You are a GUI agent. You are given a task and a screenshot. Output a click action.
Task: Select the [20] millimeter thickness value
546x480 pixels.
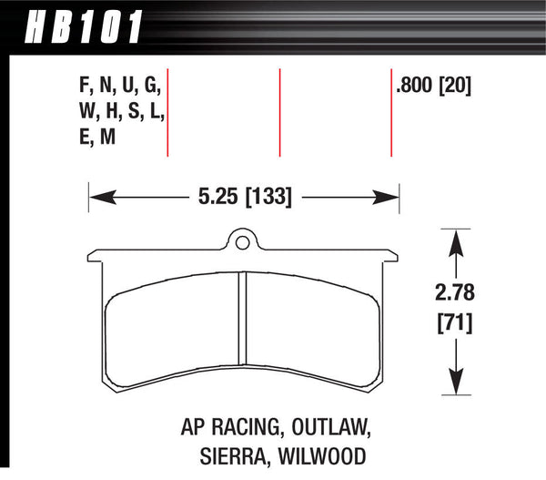(x=458, y=87)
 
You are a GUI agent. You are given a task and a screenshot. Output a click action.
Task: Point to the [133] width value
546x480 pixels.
(x=267, y=195)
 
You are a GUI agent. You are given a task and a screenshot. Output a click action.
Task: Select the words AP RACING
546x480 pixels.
(x=221, y=425)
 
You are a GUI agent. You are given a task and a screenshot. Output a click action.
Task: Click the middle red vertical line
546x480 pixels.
(x=280, y=112)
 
